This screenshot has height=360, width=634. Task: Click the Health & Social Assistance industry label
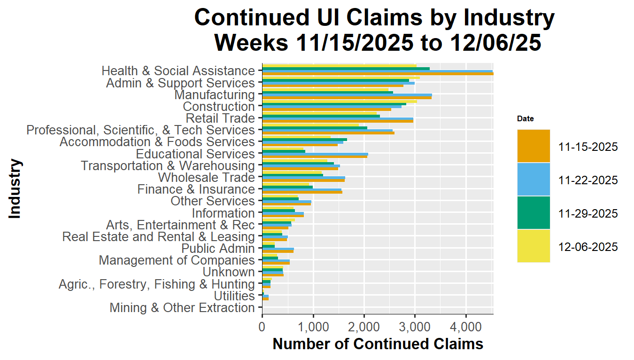point(178,71)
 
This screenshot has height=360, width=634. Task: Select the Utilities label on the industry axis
point(234,296)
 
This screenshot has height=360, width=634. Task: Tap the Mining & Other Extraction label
point(182,308)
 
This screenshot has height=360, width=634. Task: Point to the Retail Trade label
point(220,118)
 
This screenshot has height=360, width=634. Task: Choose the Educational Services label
point(195,154)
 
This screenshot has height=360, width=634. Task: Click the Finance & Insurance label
point(196,189)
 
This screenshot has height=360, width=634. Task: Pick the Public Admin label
point(218,249)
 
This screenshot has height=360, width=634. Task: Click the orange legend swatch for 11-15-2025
point(533,146)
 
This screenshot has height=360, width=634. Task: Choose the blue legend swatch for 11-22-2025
point(533,180)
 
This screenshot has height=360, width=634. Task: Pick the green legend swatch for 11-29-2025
point(533,213)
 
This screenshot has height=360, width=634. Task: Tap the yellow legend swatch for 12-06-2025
point(533,246)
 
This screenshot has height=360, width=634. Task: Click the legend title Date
point(525,119)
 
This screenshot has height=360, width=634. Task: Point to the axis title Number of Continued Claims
point(378,344)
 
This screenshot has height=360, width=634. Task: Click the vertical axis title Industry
point(15,189)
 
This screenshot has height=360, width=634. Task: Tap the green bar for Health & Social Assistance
point(346,69)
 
